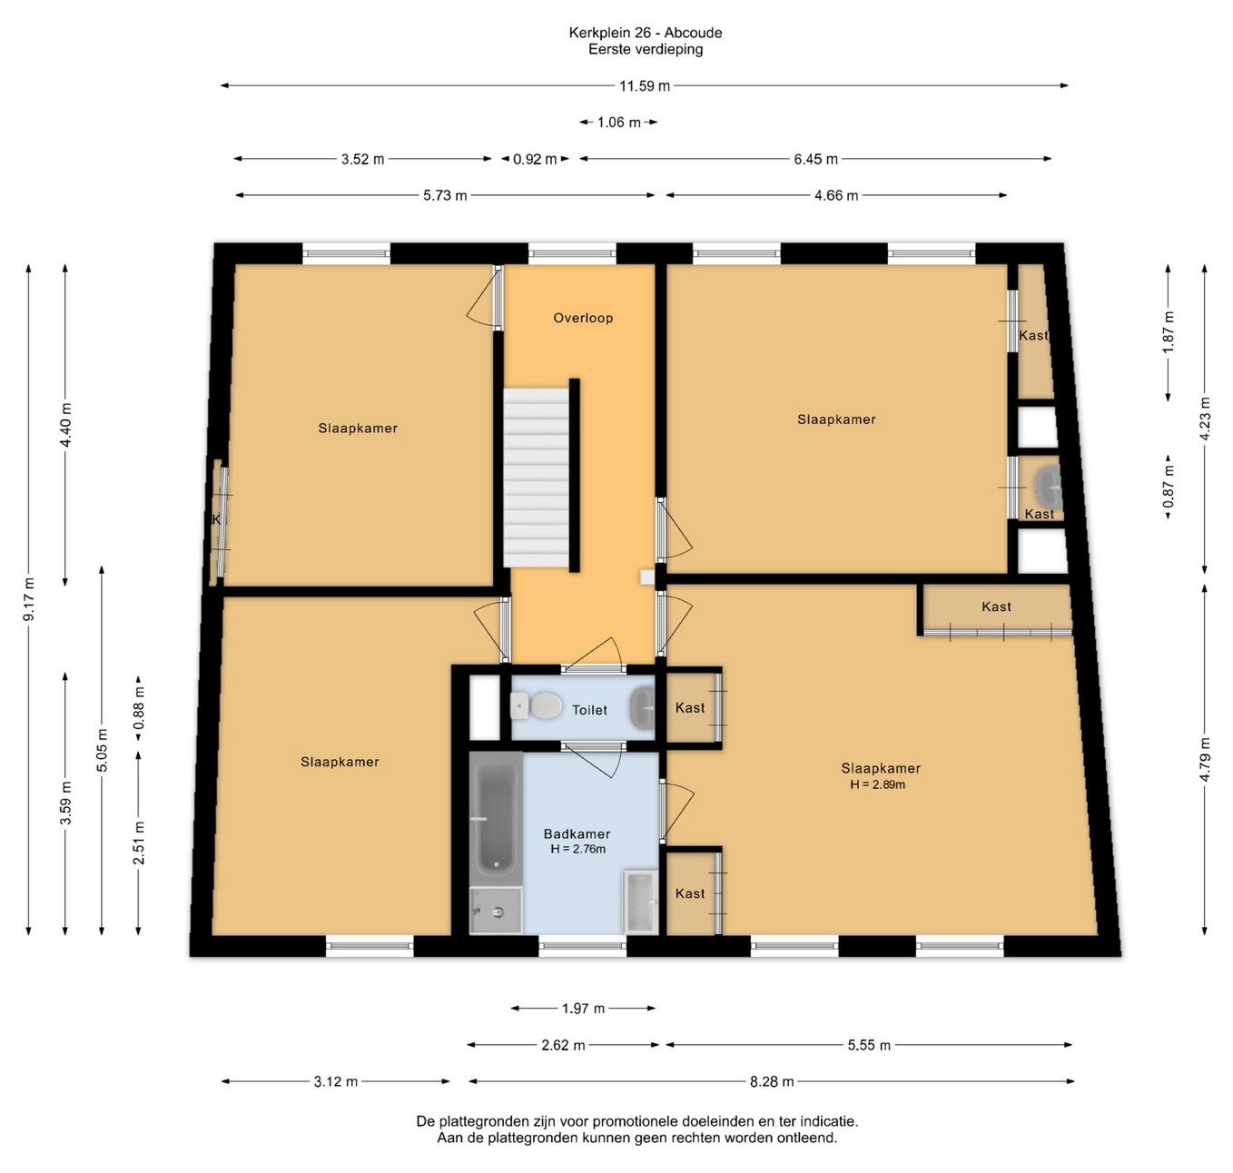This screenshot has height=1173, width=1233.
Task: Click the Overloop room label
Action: (583, 318)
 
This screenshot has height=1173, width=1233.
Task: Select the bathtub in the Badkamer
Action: (496, 818)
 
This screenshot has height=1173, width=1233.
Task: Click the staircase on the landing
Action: (537, 478)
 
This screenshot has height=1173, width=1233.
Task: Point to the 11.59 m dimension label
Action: (645, 86)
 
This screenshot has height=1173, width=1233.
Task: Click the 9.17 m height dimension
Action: (29, 600)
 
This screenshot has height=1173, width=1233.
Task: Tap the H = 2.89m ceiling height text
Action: (877, 784)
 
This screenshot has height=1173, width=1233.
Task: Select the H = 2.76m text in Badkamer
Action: (577, 849)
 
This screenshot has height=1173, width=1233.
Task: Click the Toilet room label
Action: (589, 710)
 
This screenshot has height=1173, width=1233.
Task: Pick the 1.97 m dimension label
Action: (583, 1009)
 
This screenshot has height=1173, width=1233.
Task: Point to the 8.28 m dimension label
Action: (772, 1081)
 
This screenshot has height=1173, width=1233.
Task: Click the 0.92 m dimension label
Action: (535, 159)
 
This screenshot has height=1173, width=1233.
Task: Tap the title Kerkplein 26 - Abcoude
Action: (646, 33)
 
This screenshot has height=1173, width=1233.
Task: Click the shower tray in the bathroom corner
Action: (496, 911)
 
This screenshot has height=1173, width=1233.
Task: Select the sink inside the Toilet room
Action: (643, 707)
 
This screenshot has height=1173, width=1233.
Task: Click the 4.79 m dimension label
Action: (1205, 760)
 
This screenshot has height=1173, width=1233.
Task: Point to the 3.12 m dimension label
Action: (336, 1081)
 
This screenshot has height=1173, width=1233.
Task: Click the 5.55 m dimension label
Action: (869, 1045)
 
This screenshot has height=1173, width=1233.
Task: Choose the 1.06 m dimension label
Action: (619, 123)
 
